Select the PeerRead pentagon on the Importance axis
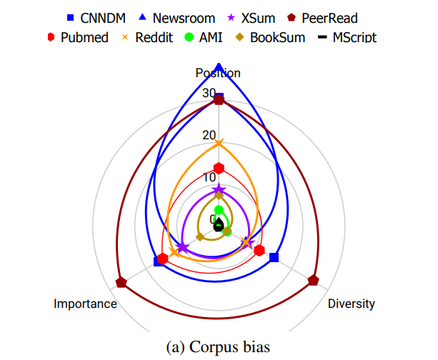(121, 282)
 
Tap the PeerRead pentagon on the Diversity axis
(314, 280)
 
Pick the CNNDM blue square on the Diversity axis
(274, 257)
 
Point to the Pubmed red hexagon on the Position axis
(219, 168)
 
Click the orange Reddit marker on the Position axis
(219, 144)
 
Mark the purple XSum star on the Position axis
(219, 190)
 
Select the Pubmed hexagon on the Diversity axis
(259, 250)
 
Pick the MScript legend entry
(347, 37)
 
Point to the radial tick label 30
(208, 93)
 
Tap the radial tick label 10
(208, 178)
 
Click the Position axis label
(219, 73)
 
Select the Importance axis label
(85, 304)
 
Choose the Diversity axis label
(352, 304)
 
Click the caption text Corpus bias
(218, 347)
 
